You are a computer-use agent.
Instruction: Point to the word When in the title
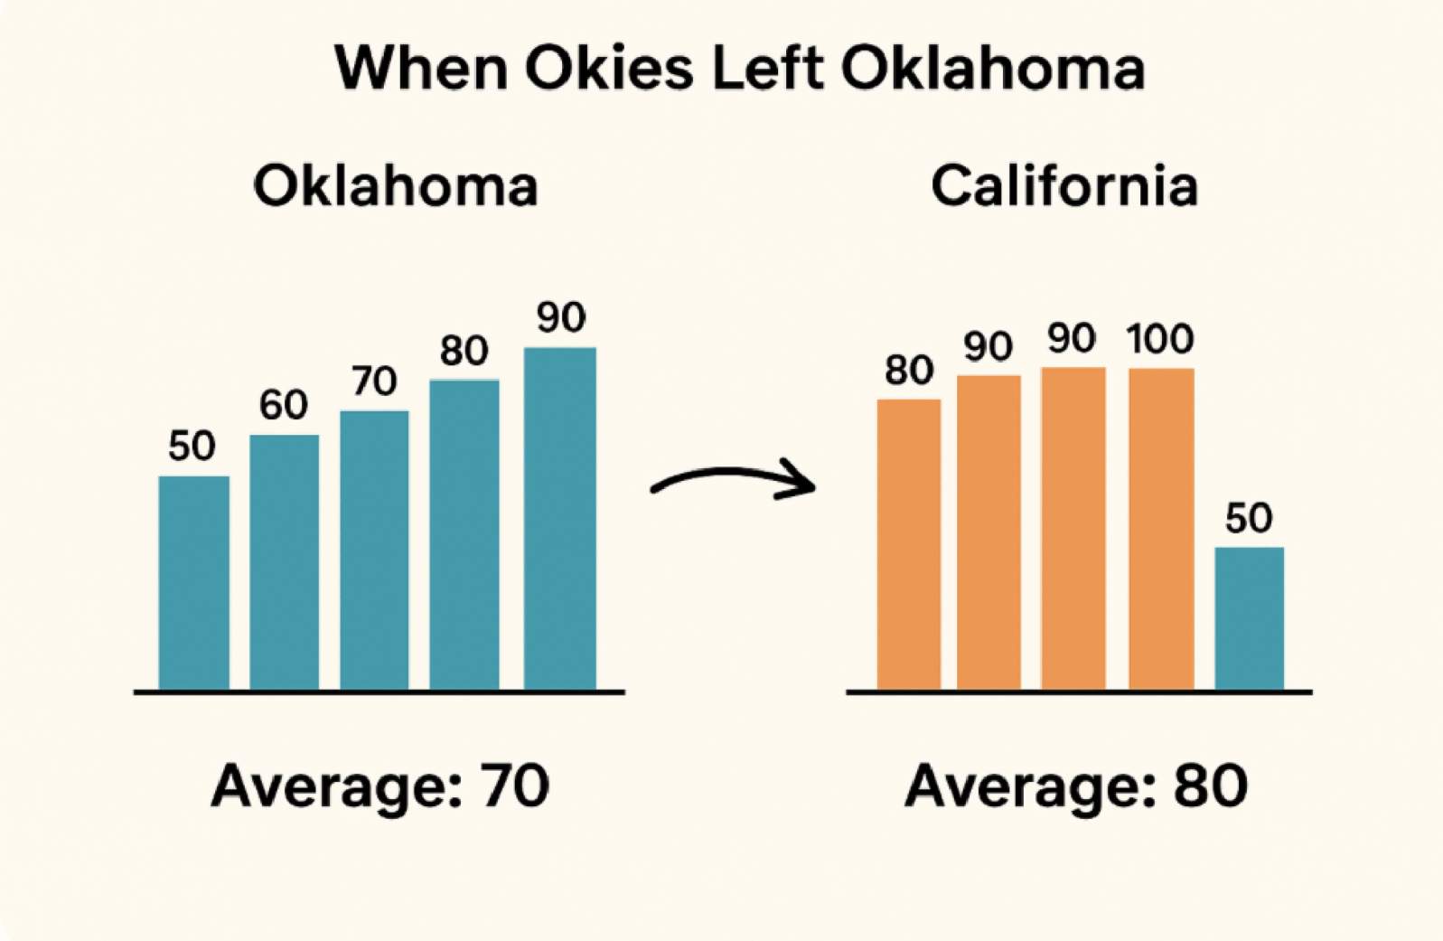(x=420, y=69)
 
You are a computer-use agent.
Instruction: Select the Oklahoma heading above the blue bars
(x=396, y=186)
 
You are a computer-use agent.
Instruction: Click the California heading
(x=1064, y=186)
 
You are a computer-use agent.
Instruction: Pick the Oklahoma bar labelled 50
(x=193, y=583)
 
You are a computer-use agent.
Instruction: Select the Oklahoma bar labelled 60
(x=284, y=562)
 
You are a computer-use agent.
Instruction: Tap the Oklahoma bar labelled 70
(x=374, y=550)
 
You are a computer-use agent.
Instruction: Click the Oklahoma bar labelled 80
(x=464, y=535)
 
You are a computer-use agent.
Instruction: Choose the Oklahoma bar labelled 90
(x=559, y=519)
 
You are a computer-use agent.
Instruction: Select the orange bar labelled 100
(x=1161, y=529)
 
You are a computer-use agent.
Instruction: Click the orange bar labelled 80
(x=908, y=544)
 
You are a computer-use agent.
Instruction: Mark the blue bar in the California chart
(x=1249, y=618)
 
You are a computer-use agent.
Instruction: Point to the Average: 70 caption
(x=379, y=786)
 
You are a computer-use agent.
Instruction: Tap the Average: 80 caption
(x=1076, y=786)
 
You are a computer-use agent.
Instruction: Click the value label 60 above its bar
(x=284, y=405)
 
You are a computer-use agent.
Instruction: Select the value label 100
(x=1160, y=340)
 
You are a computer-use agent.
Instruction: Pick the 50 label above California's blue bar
(x=1249, y=519)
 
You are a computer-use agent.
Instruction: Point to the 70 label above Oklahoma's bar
(x=374, y=381)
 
